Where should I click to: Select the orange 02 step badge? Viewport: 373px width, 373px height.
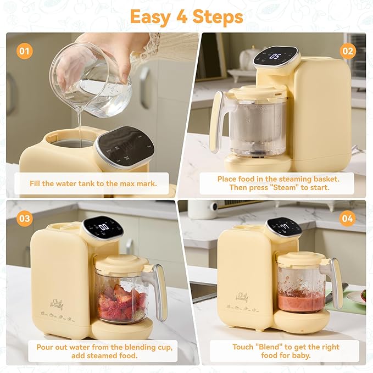point(347,52)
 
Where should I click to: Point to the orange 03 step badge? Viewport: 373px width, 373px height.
point(24,219)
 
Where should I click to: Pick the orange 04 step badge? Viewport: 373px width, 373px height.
point(347,219)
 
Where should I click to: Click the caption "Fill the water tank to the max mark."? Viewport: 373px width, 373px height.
point(93,183)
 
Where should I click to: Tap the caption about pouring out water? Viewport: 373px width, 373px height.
point(93,351)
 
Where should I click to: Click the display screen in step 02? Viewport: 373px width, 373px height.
point(276,55)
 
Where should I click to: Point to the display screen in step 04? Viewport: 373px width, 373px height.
point(282,226)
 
